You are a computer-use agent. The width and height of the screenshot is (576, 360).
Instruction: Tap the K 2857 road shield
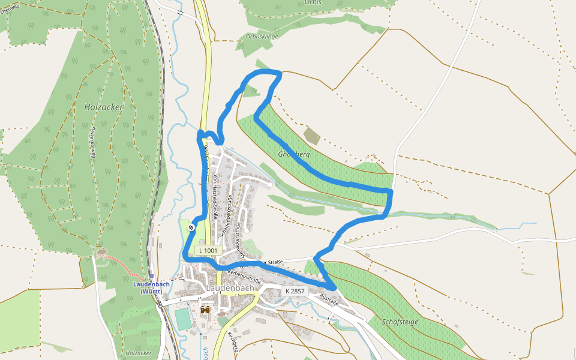pyautogui.click(x=295, y=291)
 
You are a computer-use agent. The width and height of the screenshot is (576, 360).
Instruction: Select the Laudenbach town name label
pyautogui.click(x=230, y=288)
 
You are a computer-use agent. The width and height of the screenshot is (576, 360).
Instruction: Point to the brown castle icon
pyautogui.click(x=205, y=310)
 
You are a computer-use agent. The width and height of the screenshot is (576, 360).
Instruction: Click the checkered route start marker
pyautogui.click(x=191, y=227)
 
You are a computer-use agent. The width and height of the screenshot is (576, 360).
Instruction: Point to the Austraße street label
pyautogui.click(x=329, y=299)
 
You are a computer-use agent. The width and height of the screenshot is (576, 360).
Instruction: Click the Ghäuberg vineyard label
pyautogui.click(x=293, y=154)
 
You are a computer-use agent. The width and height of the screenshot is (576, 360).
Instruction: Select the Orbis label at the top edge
pyautogui.click(x=313, y=2)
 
